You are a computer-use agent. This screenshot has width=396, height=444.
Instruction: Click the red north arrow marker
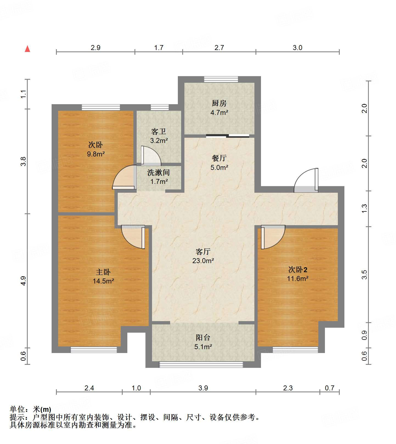click(27, 49)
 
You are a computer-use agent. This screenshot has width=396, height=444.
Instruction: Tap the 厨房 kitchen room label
click(219, 103)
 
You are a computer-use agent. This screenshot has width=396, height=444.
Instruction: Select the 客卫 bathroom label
click(159, 132)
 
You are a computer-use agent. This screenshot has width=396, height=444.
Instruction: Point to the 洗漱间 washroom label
click(159, 173)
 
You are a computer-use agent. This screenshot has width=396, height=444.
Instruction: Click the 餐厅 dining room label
click(219, 158)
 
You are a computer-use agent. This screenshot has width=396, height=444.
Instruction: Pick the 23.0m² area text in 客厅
click(203, 261)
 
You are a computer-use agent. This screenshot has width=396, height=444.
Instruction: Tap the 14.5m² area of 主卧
click(103, 281)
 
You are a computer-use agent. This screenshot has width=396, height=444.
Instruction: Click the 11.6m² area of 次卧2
click(298, 278)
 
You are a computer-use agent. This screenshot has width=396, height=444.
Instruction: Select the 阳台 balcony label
click(203, 338)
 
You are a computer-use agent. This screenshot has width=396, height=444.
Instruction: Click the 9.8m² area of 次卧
click(96, 154)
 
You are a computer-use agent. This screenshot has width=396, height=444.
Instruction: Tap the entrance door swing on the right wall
click(306, 180)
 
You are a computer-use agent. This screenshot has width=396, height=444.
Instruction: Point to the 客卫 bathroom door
click(151, 155)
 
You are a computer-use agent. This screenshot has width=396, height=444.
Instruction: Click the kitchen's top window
click(221, 79)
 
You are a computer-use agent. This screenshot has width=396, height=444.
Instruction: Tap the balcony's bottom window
click(201, 365)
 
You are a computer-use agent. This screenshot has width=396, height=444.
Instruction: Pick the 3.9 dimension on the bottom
click(203, 388)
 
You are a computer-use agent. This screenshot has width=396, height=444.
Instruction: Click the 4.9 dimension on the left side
click(23, 281)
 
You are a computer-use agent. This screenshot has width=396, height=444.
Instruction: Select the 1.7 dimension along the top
click(159, 48)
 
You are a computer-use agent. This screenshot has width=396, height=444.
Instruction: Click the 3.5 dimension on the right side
click(364, 275)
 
